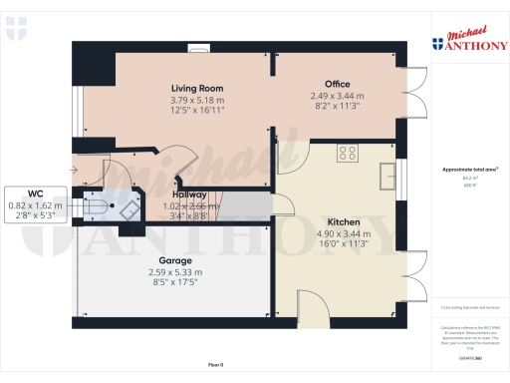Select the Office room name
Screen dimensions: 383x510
click(x=337, y=84)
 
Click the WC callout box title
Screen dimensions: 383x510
click(x=36, y=192)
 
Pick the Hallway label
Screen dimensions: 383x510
click(x=189, y=194)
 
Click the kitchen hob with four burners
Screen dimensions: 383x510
click(x=348, y=153)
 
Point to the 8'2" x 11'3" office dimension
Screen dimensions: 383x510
click(x=337, y=106)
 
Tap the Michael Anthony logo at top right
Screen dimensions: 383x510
click(x=468, y=41)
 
